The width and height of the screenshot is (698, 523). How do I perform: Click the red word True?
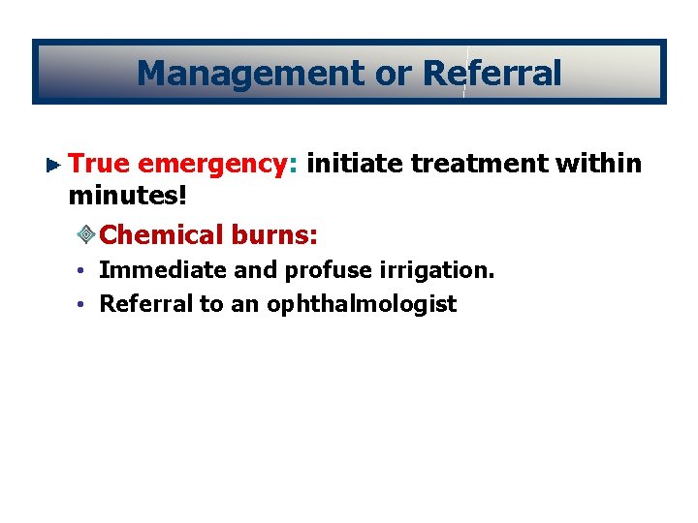pos(100,164)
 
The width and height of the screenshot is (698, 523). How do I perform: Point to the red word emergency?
pos(212,165)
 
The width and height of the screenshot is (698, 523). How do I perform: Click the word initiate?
pos(354,164)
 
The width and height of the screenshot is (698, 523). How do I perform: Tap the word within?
pos(600,164)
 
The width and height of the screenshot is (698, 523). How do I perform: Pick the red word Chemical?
pos(161,234)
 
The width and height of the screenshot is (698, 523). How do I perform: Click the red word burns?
pos(275,234)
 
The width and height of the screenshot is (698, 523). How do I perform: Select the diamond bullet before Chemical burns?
pos(85,235)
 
